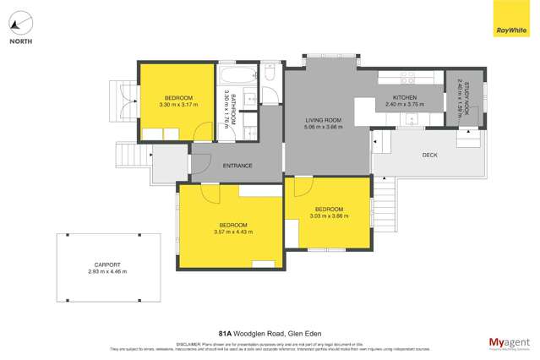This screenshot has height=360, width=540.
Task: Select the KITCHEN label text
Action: tap(401, 96)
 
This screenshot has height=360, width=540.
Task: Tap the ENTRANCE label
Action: tap(237, 165)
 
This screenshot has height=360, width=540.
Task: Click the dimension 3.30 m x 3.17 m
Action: tap(177, 104)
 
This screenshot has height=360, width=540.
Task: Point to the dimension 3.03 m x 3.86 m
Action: tap(328, 216)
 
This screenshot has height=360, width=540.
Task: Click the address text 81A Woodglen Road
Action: tap(254, 335)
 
